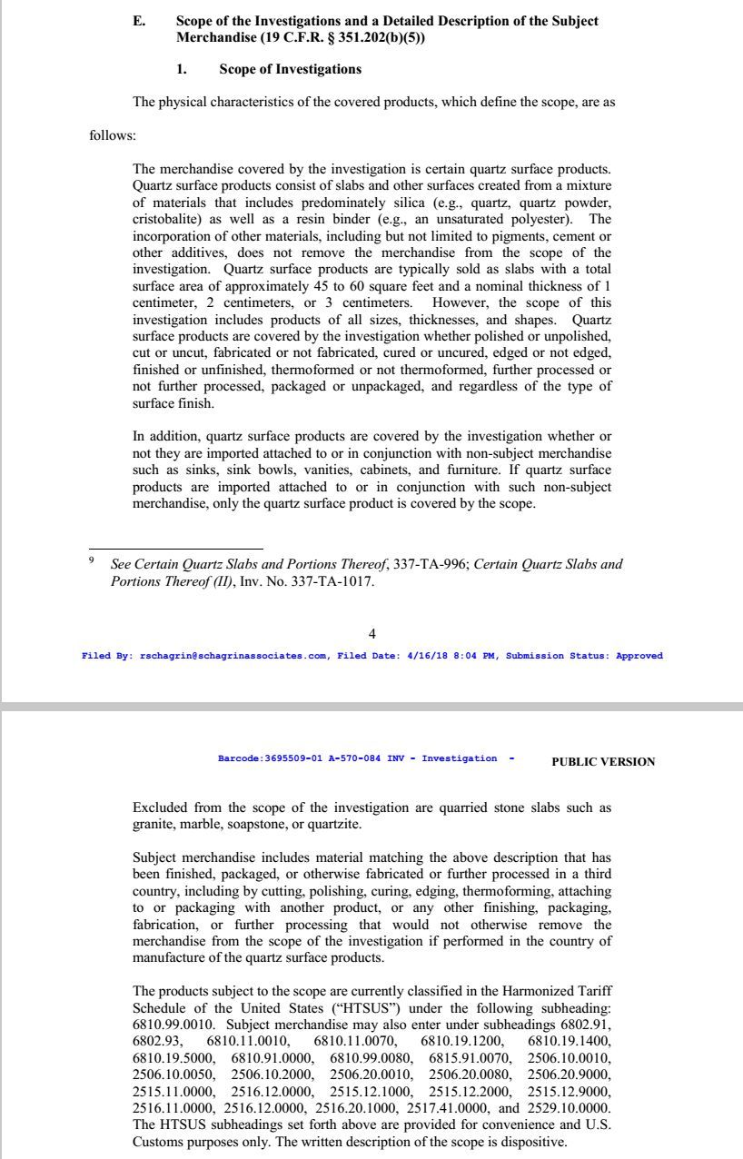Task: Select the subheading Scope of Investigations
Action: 290,69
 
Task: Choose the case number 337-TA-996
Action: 431,564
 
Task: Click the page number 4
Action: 371,633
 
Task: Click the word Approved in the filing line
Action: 639,656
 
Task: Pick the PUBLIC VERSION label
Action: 602,762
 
